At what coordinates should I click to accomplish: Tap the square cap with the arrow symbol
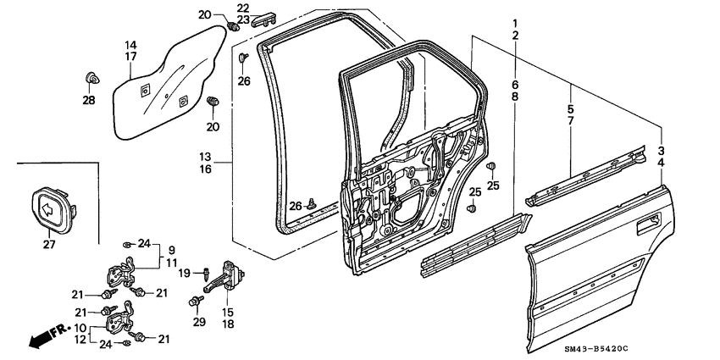48,208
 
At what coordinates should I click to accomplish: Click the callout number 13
206,158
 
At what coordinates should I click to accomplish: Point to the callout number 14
131,45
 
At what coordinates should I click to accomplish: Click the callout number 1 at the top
514,21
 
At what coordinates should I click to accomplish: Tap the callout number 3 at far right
660,149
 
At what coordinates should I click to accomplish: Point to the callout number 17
131,58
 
